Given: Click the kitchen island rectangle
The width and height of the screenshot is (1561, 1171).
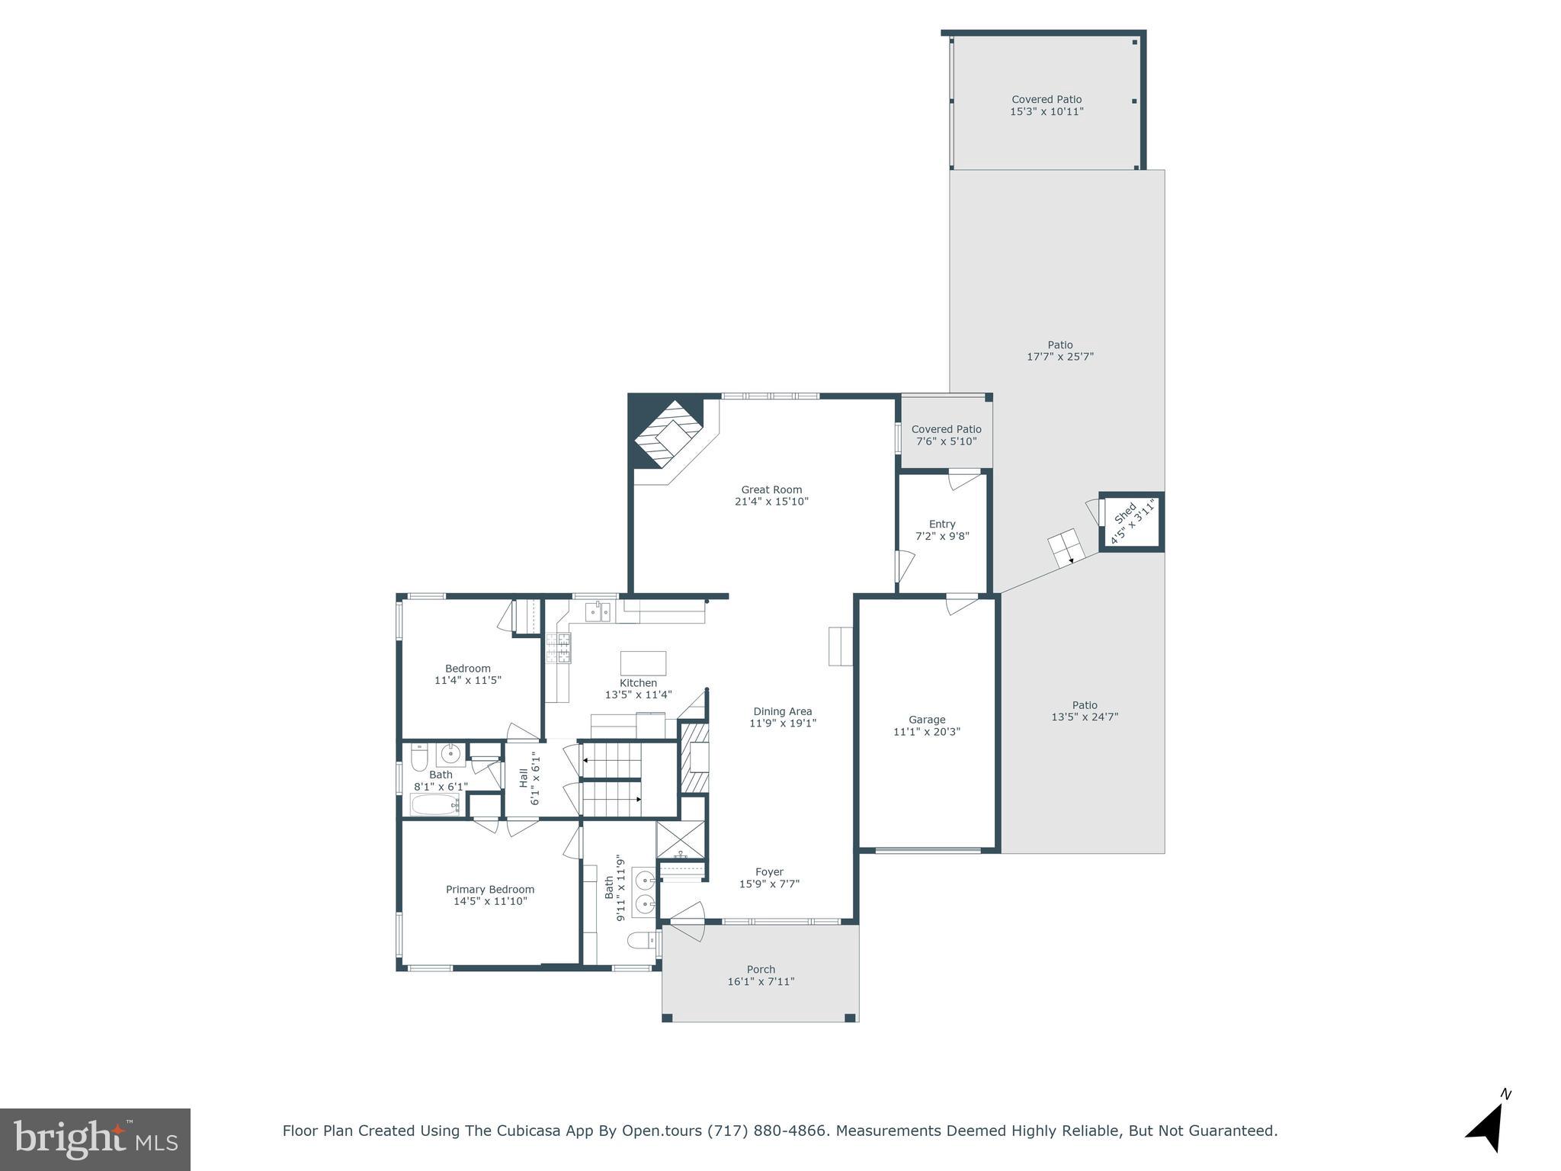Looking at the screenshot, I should click(643, 663).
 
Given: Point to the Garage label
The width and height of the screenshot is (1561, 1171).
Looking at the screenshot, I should click(927, 720).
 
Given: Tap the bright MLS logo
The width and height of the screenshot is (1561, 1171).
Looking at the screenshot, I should click(95, 1139).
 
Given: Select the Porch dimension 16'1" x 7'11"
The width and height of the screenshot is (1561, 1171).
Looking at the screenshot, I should click(761, 982).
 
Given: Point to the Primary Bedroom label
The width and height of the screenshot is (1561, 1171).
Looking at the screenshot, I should click(490, 890).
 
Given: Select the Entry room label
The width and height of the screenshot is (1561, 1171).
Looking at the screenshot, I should click(942, 525).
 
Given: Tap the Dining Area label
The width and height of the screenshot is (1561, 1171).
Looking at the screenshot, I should click(782, 712).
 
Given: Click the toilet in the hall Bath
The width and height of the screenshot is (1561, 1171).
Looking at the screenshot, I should click(419, 759).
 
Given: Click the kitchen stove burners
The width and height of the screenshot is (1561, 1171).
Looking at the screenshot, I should click(558, 648).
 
